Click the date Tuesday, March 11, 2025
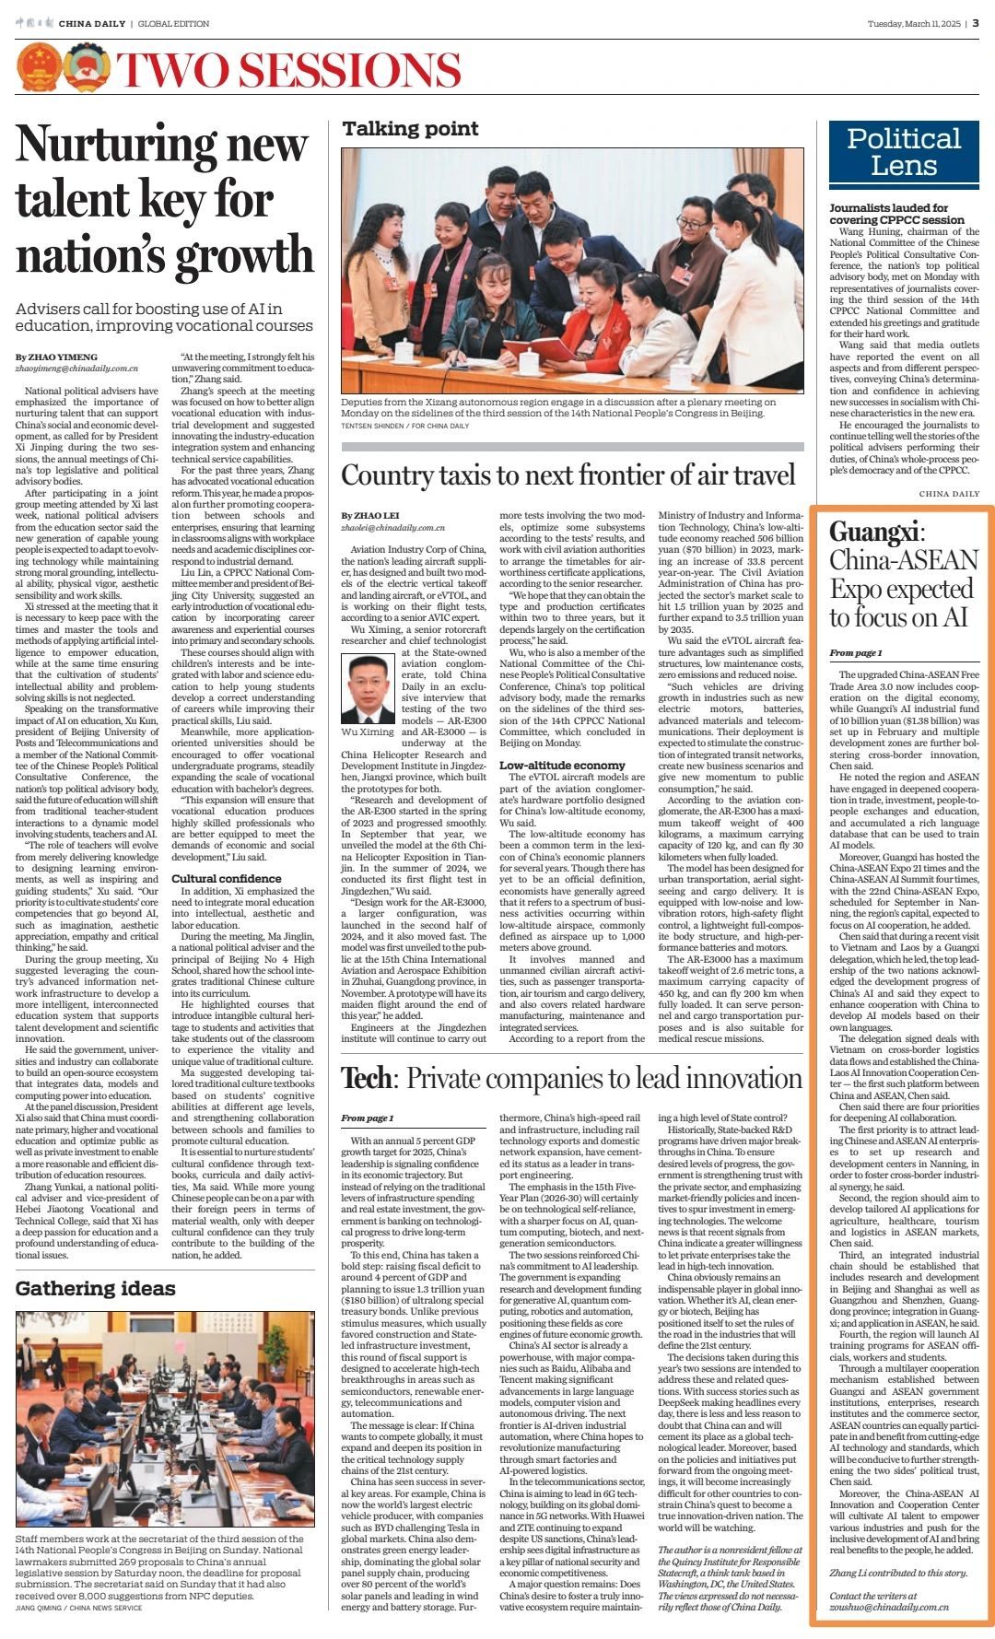pos(913,23)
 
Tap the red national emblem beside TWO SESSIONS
pos(40,68)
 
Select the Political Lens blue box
pos(903,153)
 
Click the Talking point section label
pos(411,129)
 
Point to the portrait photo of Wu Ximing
pos(367,689)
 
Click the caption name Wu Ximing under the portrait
pos(368,732)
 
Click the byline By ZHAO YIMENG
pos(56,357)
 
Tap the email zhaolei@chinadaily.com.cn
pos(392,528)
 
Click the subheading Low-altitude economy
pos(561,765)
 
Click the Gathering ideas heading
pos(95,1288)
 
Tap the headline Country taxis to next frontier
pos(568,475)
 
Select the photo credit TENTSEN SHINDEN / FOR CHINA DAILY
pos(404,426)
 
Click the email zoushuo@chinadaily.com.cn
pos(889,1607)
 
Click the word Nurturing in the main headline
pos(161,146)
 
